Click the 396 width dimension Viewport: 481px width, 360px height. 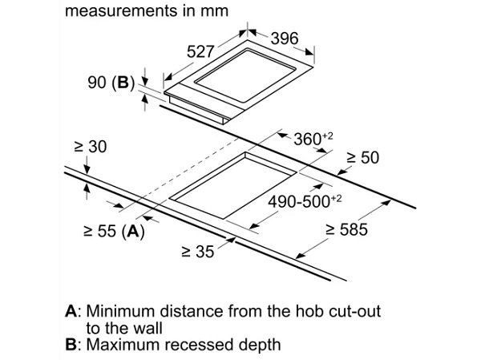coord(285,38)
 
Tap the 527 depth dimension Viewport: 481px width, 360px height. coord(200,51)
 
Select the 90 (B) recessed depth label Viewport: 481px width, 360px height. coord(111,83)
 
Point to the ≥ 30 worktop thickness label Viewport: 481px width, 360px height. coord(91,147)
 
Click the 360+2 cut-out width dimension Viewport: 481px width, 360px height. coord(313,139)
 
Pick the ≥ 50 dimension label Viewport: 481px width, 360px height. coord(363,157)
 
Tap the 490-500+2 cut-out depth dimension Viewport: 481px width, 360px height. coord(305,201)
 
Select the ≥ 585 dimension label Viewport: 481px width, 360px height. coord(346,229)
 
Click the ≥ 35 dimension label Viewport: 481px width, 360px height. coord(198,252)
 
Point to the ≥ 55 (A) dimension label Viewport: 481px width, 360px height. coord(114,231)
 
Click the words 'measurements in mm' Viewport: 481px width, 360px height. coord(147,11)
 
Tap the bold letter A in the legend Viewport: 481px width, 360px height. coord(71,311)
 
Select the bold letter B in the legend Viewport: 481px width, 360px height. coord(71,344)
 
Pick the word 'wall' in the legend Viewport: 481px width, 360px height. coord(148,328)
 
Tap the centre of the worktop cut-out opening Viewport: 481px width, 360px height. coord(234,187)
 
